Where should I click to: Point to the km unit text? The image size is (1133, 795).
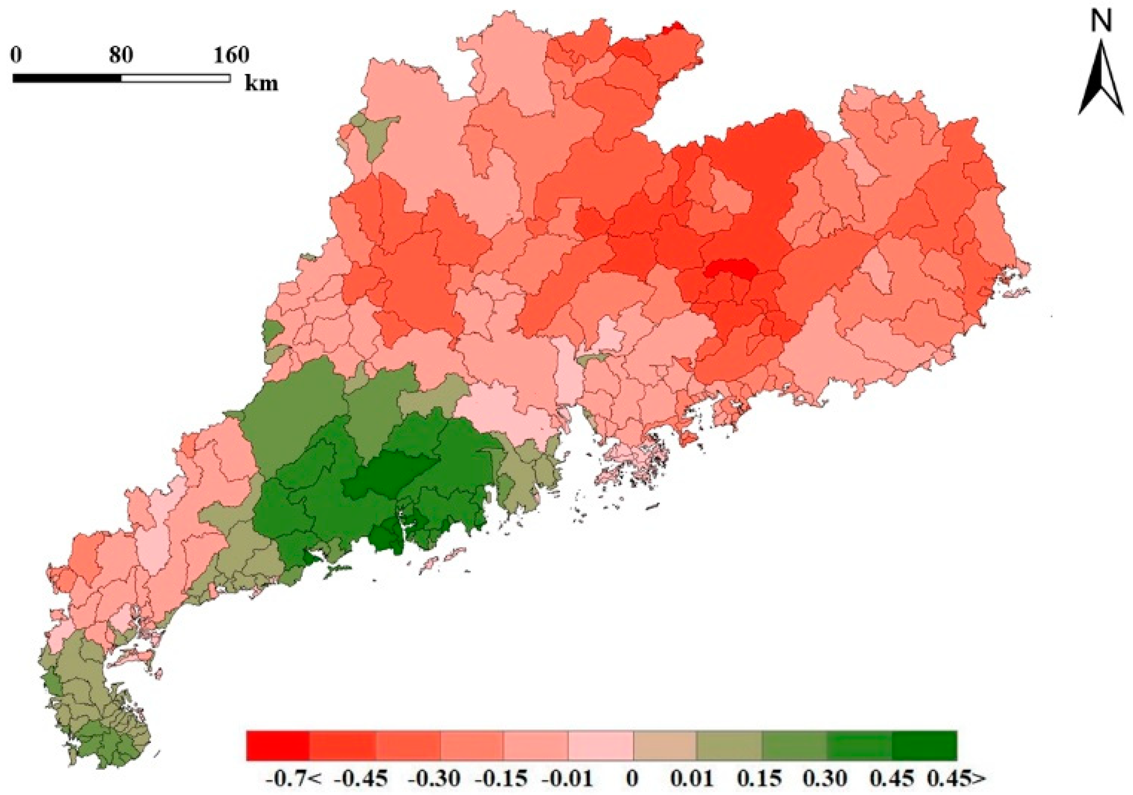pyautogui.click(x=262, y=83)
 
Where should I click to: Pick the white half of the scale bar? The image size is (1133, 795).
pyautogui.click(x=175, y=78)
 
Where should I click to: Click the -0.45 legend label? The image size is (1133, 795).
pyautogui.click(x=360, y=779)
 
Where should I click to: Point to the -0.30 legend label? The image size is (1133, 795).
pyautogui.click(x=434, y=779)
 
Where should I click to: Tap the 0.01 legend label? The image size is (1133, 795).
pyautogui.click(x=692, y=779)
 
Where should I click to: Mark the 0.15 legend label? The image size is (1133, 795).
pyautogui.click(x=760, y=779)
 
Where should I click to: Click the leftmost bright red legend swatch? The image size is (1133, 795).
pyautogui.click(x=278, y=746)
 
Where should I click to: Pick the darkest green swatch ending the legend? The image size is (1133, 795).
pyautogui.click(x=924, y=746)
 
